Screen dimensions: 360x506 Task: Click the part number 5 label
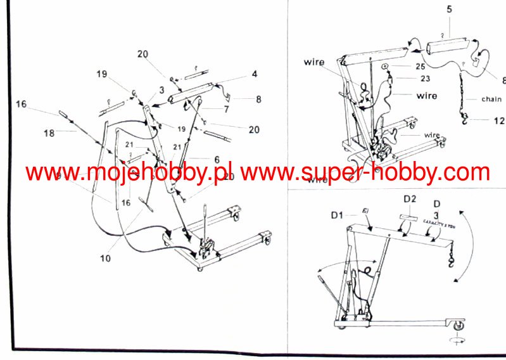449,10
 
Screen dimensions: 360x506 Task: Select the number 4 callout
254,74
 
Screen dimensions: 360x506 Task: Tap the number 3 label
162,90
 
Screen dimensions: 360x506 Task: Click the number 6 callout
217,160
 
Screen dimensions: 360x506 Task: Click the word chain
491,99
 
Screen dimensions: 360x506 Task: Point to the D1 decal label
338,215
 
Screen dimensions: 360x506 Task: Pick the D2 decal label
410,199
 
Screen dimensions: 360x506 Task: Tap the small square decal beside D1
365,212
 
